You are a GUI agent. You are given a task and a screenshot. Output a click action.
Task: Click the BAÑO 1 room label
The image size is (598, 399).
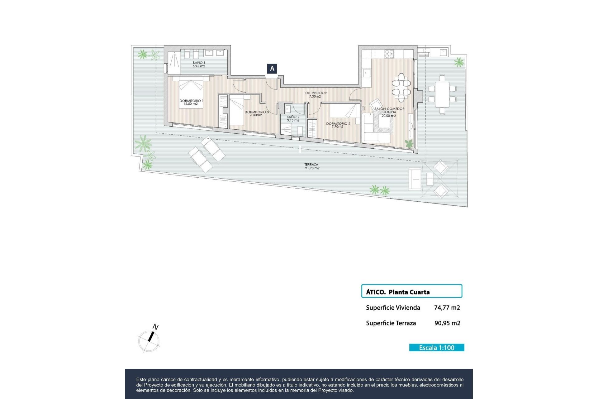tap(199, 65)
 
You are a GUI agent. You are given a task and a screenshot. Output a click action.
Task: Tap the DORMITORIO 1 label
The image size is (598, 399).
tap(191, 102)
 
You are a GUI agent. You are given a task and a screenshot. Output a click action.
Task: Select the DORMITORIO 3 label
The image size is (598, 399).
tap(256, 113)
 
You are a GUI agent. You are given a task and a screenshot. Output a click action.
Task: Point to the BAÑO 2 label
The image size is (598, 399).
tap(293, 118)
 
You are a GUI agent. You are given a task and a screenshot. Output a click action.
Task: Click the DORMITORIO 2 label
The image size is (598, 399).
tap(338, 125)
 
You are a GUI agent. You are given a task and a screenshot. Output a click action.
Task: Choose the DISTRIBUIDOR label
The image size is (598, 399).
tap(316, 94)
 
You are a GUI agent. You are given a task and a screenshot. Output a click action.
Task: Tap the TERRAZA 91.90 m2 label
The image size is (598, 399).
tap(312, 166)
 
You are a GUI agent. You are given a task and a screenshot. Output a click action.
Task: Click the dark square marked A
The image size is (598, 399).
tap(272, 69)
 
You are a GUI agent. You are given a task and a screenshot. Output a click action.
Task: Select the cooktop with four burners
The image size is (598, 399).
tap(389, 54)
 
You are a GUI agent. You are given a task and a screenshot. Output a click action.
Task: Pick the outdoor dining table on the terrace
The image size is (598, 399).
tap(442, 94)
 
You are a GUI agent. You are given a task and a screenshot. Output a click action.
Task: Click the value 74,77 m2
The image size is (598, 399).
tap(447, 308)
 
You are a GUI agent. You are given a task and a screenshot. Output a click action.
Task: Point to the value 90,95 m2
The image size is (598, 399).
tap(447, 323)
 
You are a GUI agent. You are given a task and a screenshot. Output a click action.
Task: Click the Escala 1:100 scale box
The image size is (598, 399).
tap(436, 348)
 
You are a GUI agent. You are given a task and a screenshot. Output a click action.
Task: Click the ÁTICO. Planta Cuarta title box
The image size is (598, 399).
tap(411, 291)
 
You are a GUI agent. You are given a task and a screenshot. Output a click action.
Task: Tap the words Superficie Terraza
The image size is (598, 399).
tap(391, 323)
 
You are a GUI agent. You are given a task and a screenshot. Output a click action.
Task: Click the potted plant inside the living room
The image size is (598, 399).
tap(409, 144)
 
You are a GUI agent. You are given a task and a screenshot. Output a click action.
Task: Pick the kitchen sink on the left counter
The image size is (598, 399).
tap(366, 73)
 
